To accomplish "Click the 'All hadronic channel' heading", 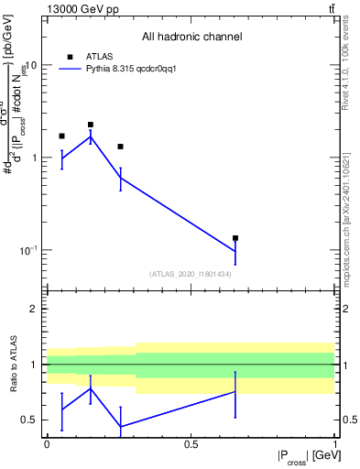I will point(191,38).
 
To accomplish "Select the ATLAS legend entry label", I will point(99,56).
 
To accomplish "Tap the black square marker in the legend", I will point(70,56).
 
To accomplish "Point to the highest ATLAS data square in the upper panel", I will point(91,125).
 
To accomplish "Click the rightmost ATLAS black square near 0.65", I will point(235,238).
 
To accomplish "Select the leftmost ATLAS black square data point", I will point(61,136).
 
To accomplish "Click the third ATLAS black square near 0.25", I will point(120,147).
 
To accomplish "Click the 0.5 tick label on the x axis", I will point(191,444).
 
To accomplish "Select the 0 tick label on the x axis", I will point(47,444).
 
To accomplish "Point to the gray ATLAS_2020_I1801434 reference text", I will point(190,274).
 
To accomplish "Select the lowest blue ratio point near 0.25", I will point(120,426).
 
